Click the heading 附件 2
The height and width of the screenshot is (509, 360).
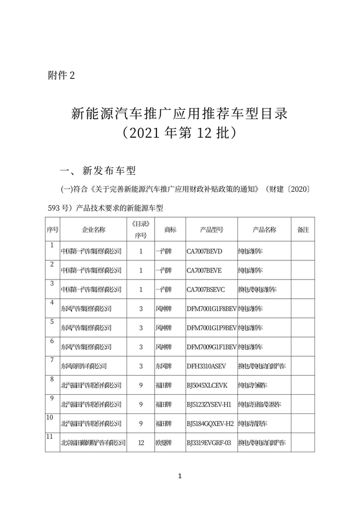pyautogui.click(x=62, y=76)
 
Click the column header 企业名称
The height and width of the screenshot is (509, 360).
pyautogui.click(x=93, y=230)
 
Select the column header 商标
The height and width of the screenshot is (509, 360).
pyautogui.click(x=170, y=230)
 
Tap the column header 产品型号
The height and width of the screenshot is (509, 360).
pyautogui.click(x=211, y=230)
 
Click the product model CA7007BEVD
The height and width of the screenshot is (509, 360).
pyautogui.click(x=205, y=251)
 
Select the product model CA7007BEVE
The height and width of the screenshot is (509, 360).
pyautogui.click(x=204, y=270)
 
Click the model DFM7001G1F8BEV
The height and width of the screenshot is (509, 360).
pyautogui.click(x=212, y=308)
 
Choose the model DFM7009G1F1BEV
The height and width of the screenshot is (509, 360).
pyautogui.click(x=212, y=347)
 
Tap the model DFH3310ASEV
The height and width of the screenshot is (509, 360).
pyautogui.click(x=206, y=366)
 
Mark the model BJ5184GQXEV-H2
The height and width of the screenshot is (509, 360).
pyautogui.click(x=210, y=424)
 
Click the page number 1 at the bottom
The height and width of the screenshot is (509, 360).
pyautogui.click(x=180, y=477)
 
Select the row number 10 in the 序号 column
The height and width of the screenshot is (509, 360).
pyautogui.click(x=51, y=417)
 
